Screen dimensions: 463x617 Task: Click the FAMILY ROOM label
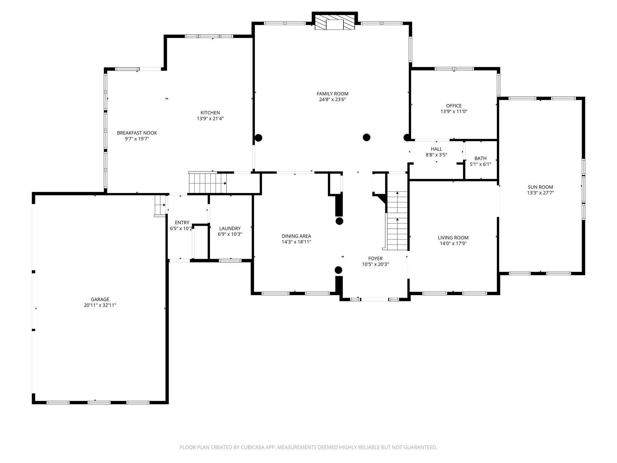[x=332, y=94]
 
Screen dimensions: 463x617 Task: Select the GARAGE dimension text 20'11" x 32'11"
[x=100, y=305]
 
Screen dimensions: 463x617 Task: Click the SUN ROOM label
[x=540, y=187]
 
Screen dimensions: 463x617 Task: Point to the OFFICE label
[x=454, y=106]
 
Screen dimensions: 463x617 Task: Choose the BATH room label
[x=480, y=158]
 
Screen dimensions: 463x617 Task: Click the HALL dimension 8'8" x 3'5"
[x=436, y=155]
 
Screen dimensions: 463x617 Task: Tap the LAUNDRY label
[x=230, y=228]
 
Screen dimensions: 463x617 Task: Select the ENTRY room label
[x=182, y=223]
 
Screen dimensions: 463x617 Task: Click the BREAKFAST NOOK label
[x=137, y=133]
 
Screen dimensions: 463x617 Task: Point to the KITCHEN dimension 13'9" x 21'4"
[x=210, y=119]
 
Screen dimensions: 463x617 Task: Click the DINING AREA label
[x=296, y=236]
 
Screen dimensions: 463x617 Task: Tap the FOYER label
[x=375, y=259]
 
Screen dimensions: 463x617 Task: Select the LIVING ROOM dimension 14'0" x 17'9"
[x=453, y=244]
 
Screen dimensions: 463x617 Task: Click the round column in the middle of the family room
[x=366, y=137]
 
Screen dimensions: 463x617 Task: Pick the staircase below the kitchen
[x=207, y=183]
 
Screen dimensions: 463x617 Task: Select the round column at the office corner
[x=407, y=137]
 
